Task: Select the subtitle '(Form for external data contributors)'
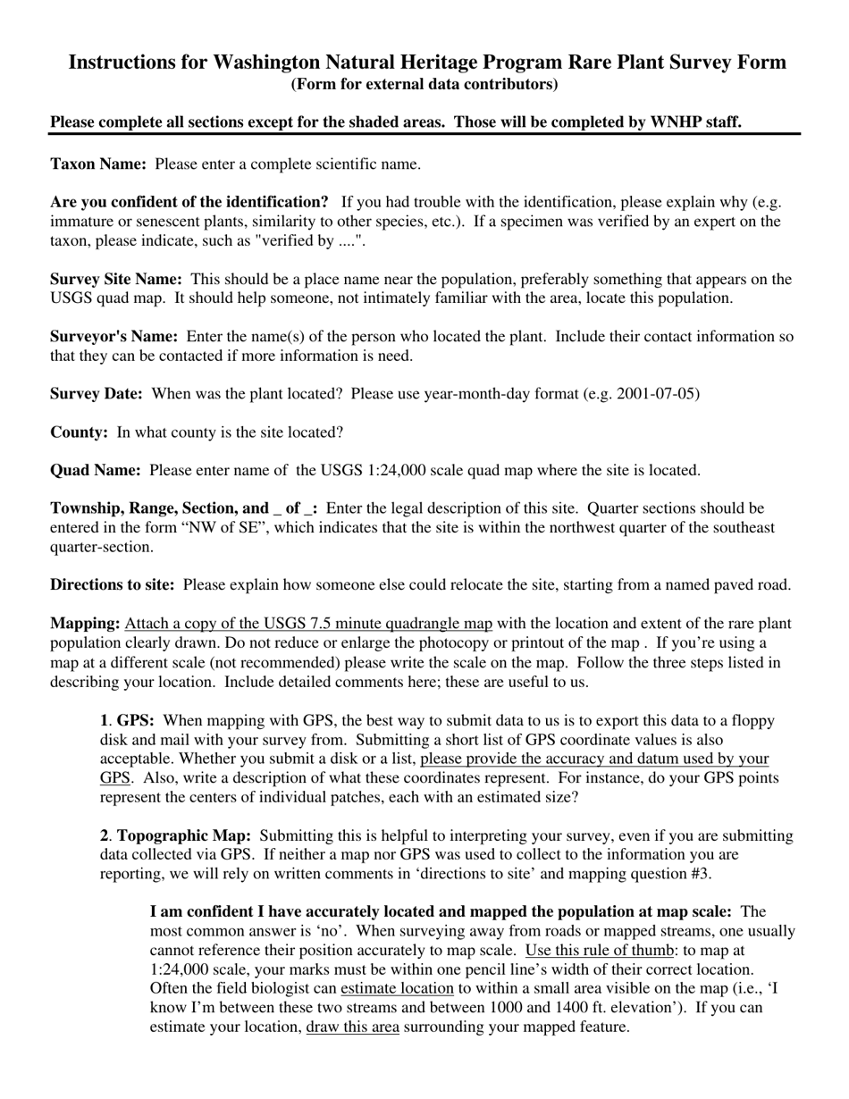coord(424,84)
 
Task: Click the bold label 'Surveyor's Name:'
coord(113,336)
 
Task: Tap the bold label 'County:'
coord(80,432)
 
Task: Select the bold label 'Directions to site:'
coord(113,584)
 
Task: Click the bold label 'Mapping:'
coord(85,623)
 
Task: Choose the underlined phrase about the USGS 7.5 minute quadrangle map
coord(308,623)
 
